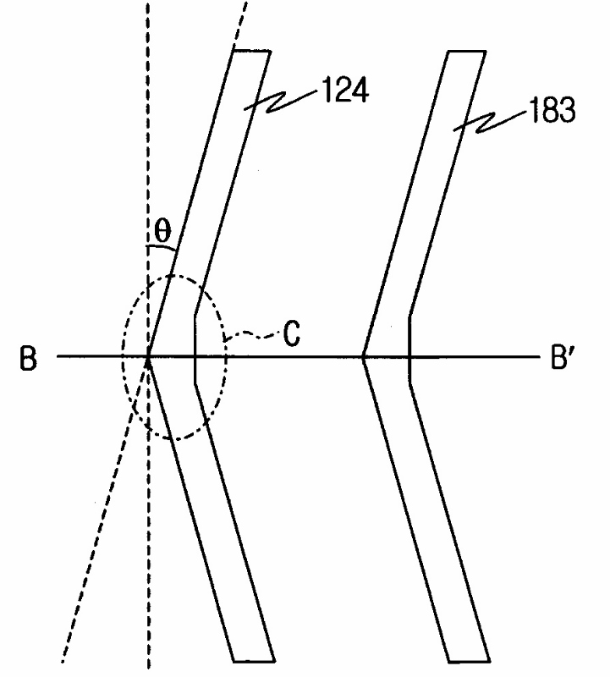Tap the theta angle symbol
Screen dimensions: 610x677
coord(160,228)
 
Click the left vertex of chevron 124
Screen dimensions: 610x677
coord(149,357)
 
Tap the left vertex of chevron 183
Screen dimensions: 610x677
coord(363,357)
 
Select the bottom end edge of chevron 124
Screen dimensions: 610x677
coord(253,659)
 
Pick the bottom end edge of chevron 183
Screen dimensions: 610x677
coord(468,659)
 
